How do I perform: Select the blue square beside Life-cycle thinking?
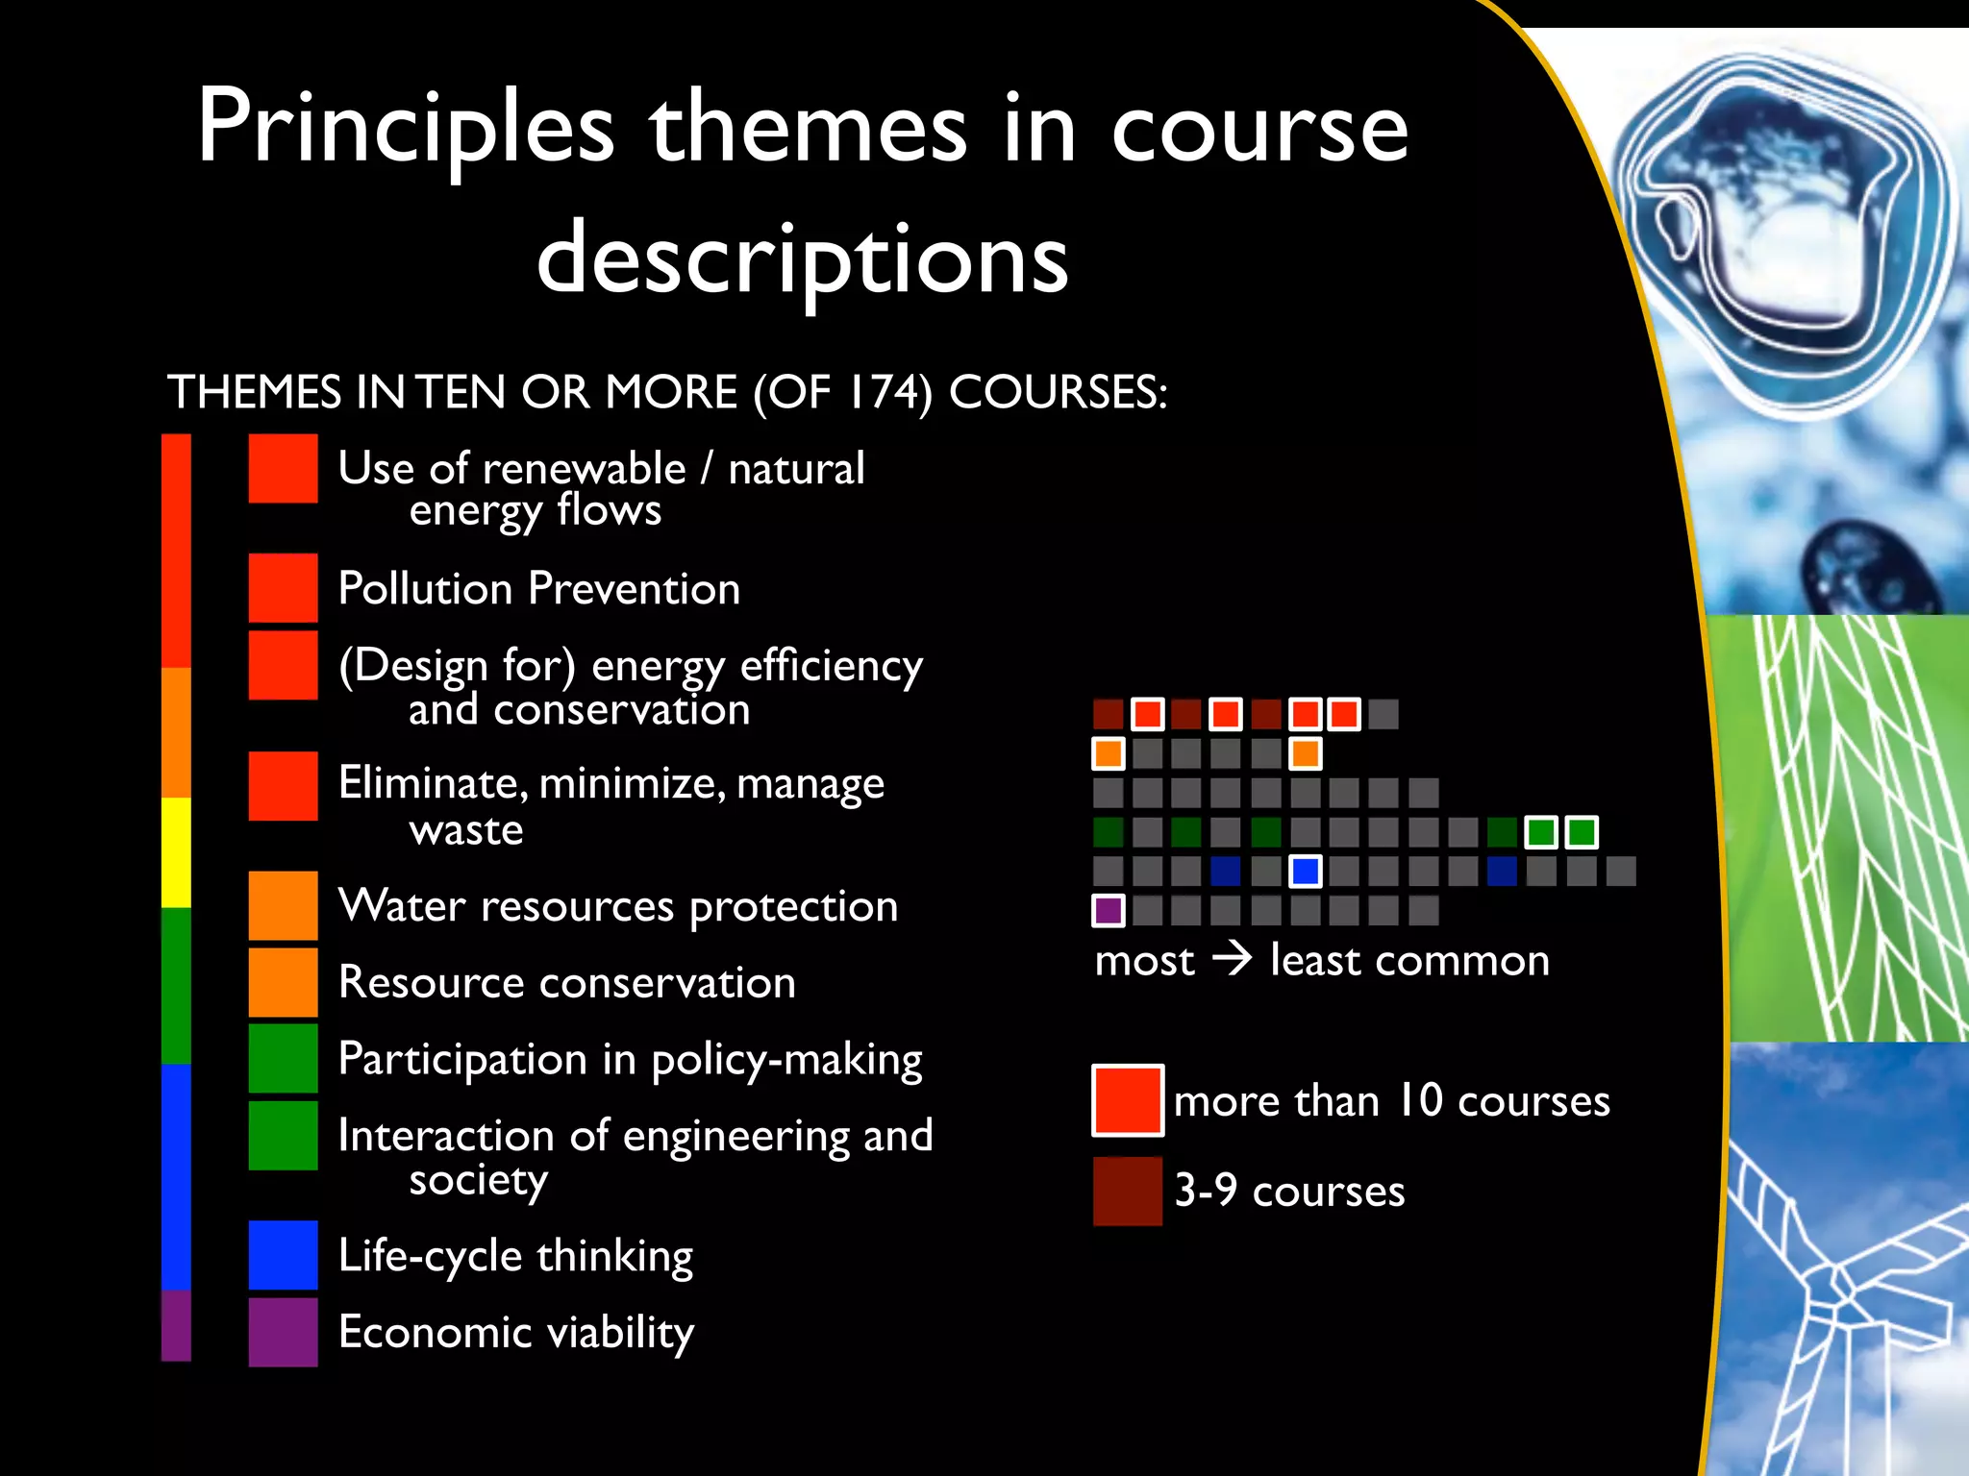tap(283, 1255)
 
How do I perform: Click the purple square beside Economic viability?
tap(283, 1332)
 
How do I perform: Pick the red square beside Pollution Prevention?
tap(283, 587)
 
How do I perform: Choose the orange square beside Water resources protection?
tap(283, 905)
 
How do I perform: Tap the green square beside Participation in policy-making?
tap(283, 1058)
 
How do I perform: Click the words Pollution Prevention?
tap(539, 588)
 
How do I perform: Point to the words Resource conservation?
tap(567, 982)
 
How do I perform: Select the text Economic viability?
tap(516, 1332)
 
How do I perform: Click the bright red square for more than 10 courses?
tap(1128, 1100)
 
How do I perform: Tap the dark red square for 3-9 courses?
tap(1128, 1191)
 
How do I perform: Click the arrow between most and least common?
tap(1232, 959)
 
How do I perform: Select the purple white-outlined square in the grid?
tap(1109, 910)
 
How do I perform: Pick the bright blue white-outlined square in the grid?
tap(1305, 872)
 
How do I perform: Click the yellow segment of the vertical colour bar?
tap(176, 852)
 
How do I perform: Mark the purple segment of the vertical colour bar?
tap(176, 1325)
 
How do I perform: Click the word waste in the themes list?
tap(466, 830)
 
